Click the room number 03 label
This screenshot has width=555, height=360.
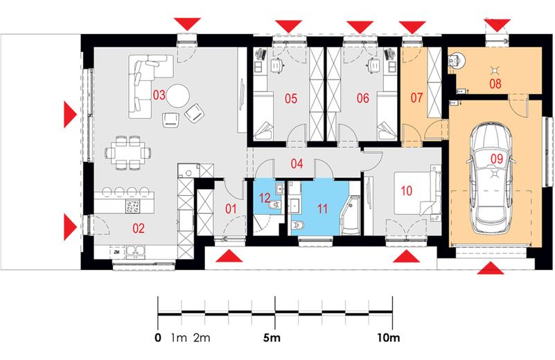(159, 95)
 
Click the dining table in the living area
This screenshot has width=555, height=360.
(127, 153)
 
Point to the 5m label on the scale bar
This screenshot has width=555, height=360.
(272, 338)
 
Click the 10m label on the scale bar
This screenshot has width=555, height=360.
(388, 338)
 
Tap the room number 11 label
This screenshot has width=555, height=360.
(322, 208)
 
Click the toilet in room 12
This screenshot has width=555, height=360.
(275, 205)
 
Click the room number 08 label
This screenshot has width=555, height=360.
(495, 84)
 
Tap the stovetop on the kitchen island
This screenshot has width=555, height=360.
(133, 206)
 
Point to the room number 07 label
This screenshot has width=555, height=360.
(416, 98)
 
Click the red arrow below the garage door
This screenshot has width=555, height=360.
(491, 268)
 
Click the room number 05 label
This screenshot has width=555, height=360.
(291, 98)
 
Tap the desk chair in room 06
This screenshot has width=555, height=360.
(373, 65)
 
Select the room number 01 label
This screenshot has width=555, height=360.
(231, 208)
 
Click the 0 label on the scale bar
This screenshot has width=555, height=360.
(158, 338)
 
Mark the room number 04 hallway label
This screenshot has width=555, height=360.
(297, 163)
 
